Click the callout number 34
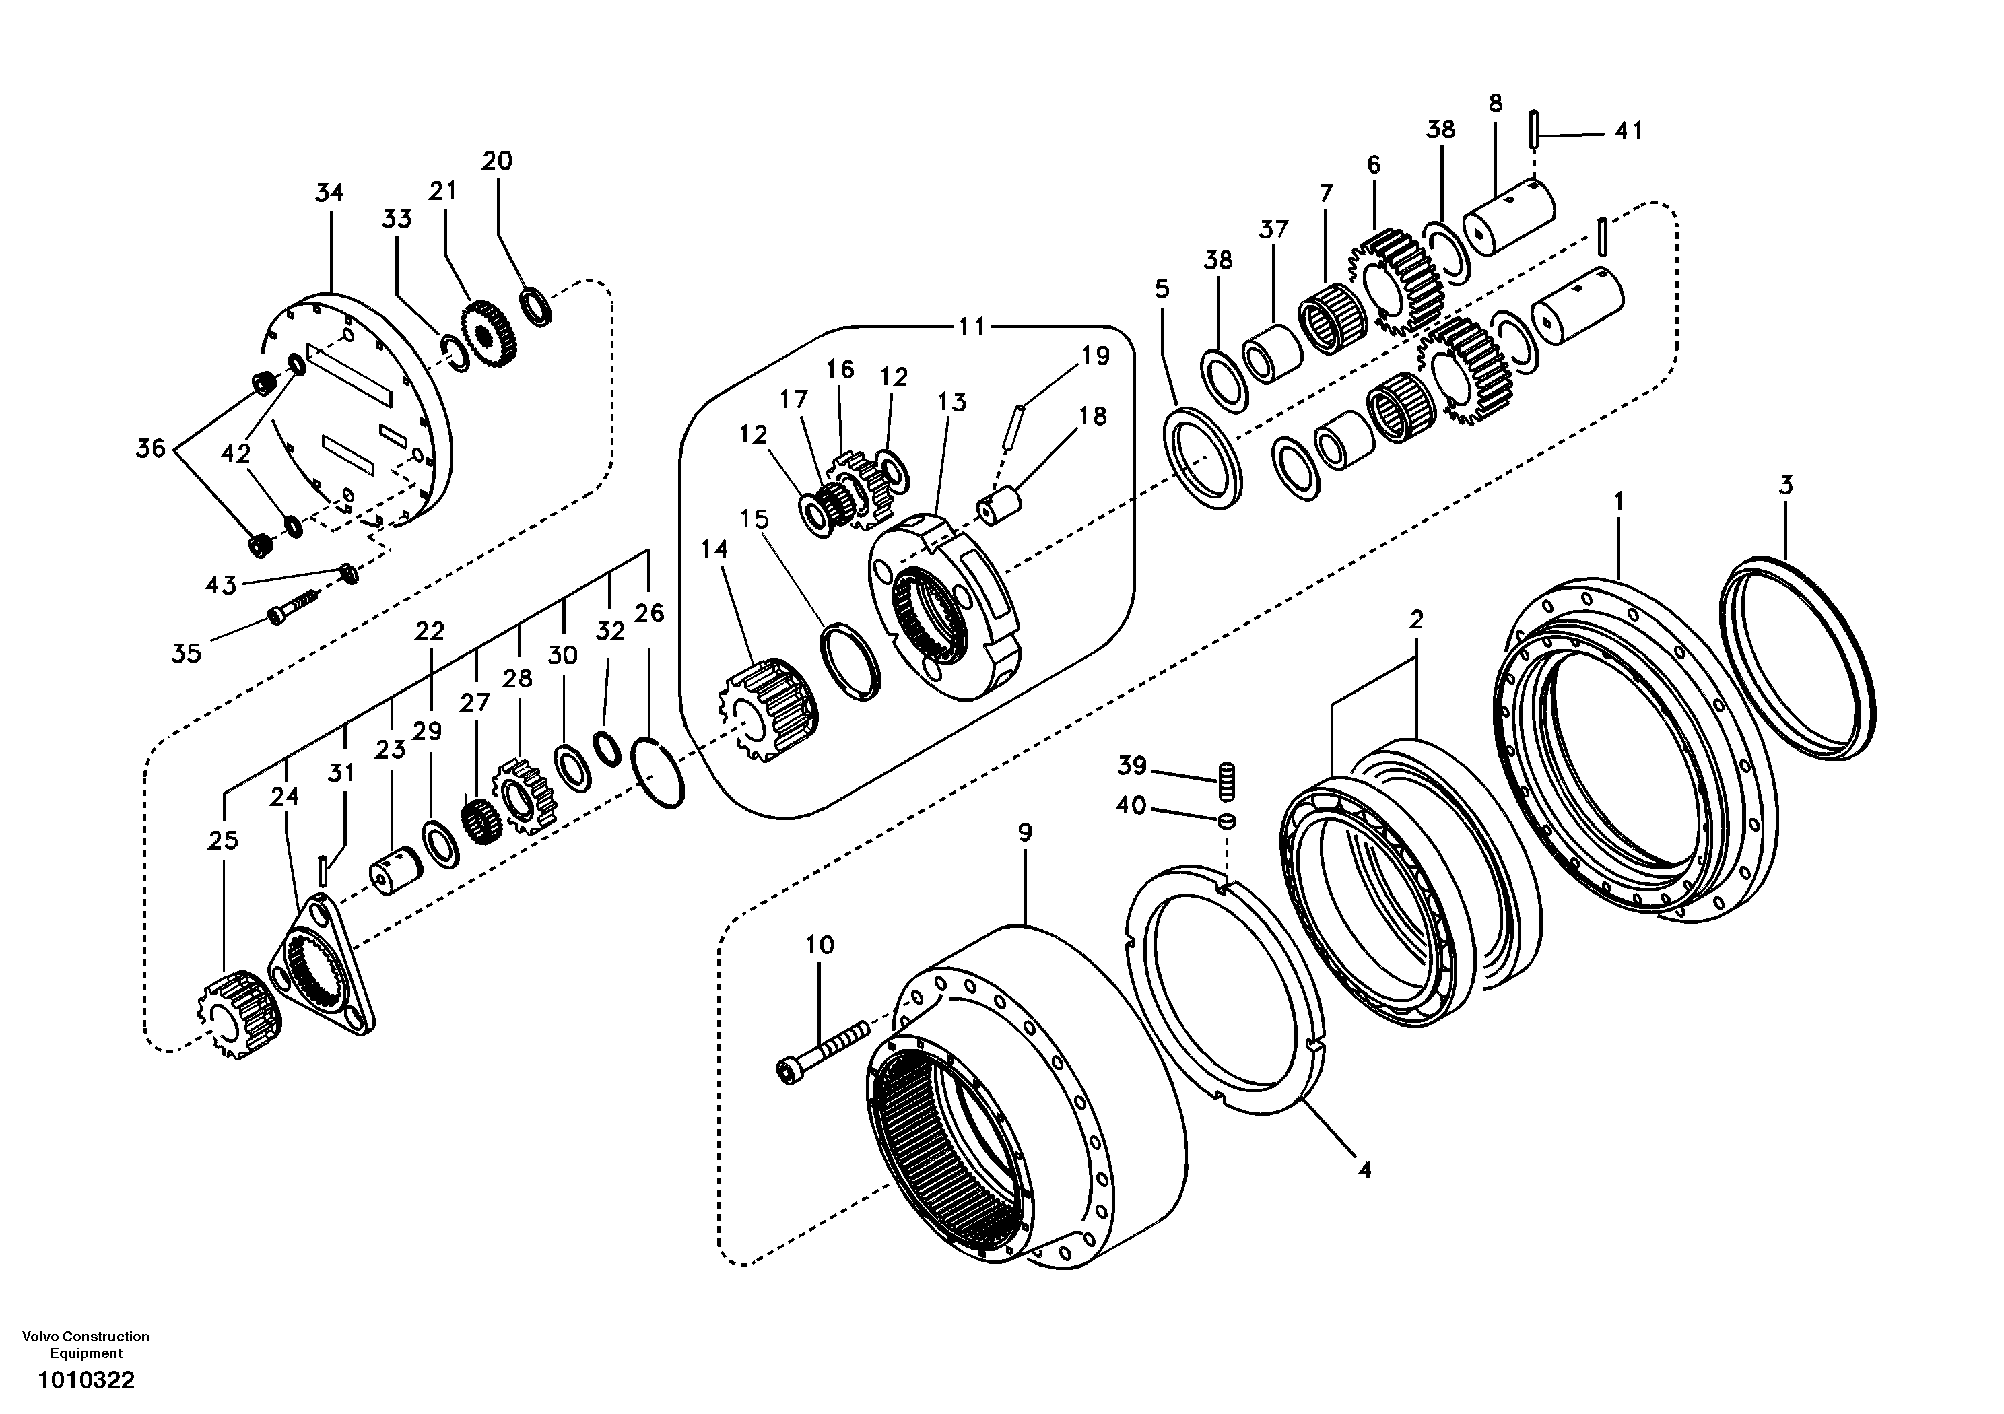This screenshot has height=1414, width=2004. (329, 193)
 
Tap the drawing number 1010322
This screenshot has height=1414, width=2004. (86, 1381)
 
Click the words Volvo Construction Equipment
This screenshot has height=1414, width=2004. (86, 1345)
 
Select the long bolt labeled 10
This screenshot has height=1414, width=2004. (820, 1054)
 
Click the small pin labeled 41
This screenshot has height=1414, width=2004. (1533, 129)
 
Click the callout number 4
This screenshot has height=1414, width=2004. (1364, 1170)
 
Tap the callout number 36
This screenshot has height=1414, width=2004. (150, 448)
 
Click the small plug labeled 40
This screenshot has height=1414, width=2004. (1227, 821)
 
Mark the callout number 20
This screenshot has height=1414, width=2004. (497, 161)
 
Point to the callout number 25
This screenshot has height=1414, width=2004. (223, 840)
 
